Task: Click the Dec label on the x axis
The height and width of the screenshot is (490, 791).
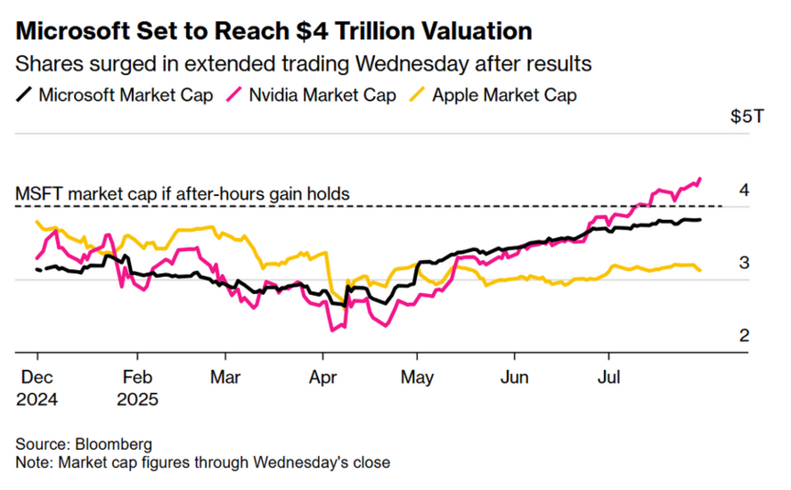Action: coord(37,378)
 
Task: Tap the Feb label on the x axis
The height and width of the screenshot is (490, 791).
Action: coord(137,378)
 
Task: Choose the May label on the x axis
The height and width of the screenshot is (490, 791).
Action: coord(417,378)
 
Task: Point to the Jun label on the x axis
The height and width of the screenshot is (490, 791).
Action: coord(514,378)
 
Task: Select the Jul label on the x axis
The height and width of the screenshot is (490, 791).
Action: coord(609,378)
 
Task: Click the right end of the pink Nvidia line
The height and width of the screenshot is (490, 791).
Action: coord(700,179)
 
